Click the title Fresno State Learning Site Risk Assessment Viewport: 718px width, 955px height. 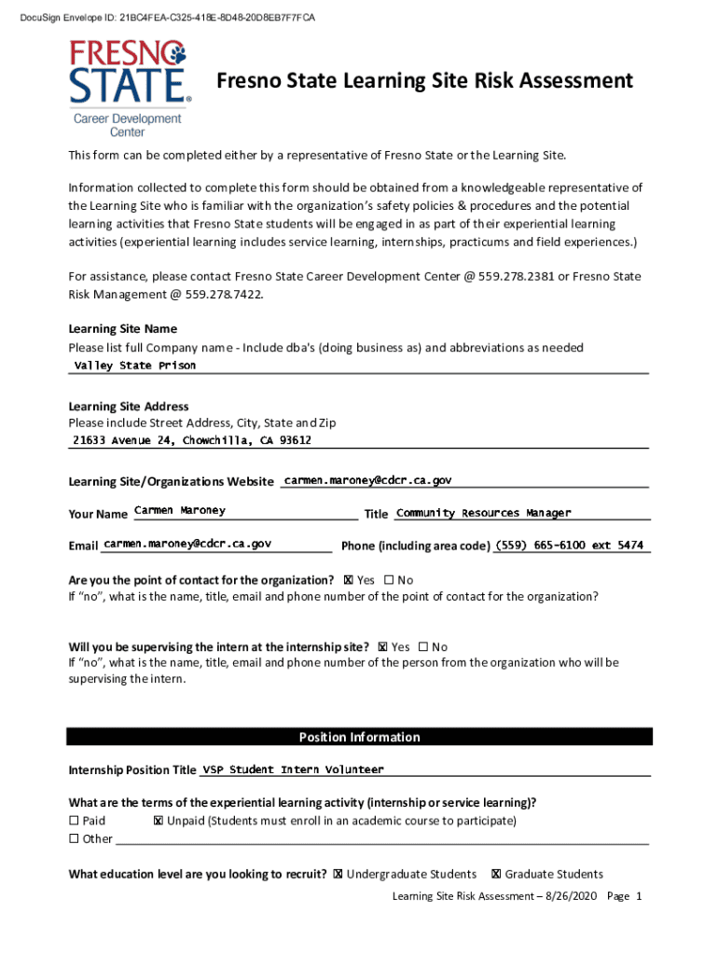click(x=424, y=81)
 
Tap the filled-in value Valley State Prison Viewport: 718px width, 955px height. click(x=135, y=366)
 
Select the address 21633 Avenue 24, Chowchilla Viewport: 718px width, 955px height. click(x=192, y=440)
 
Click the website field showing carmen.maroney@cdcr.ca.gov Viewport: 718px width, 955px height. click(x=367, y=480)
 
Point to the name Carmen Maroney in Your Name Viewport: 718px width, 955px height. click(x=180, y=511)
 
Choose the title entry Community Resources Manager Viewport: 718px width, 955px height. click(x=483, y=513)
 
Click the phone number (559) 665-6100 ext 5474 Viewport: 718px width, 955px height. click(x=569, y=546)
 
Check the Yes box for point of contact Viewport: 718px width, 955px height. click(x=349, y=580)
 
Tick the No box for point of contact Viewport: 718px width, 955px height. click(x=389, y=580)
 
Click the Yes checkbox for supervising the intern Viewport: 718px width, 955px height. click(x=383, y=647)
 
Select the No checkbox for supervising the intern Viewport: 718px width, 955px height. click(x=423, y=647)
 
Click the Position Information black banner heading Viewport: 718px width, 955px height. click(x=359, y=737)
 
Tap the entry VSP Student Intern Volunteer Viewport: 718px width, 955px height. click(x=293, y=770)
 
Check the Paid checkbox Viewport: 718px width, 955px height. click(x=75, y=821)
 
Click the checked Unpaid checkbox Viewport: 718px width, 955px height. click(x=158, y=821)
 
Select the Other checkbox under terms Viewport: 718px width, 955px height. click(x=75, y=838)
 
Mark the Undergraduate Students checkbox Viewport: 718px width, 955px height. click(x=338, y=874)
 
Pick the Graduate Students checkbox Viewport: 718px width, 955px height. click(x=496, y=874)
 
